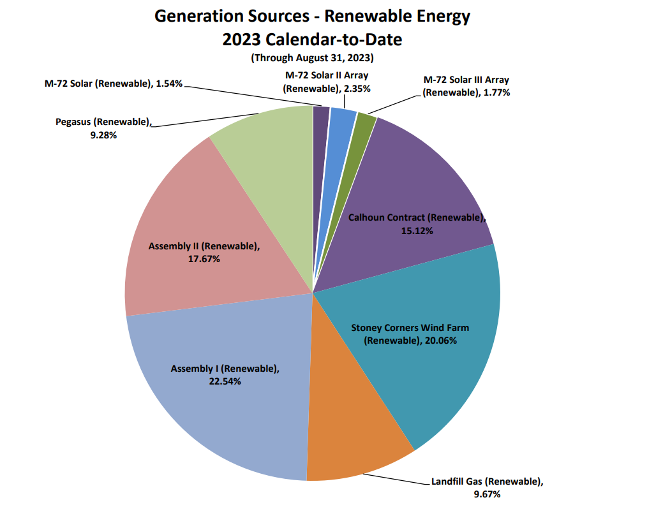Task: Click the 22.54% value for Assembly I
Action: click(x=224, y=381)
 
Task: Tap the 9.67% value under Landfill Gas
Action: click(x=487, y=494)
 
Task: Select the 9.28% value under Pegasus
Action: click(x=103, y=135)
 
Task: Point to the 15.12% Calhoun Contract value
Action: click(x=417, y=231)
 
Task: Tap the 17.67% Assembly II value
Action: click(x=204, y=259)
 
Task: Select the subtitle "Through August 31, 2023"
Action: click(x=312, y=57)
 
